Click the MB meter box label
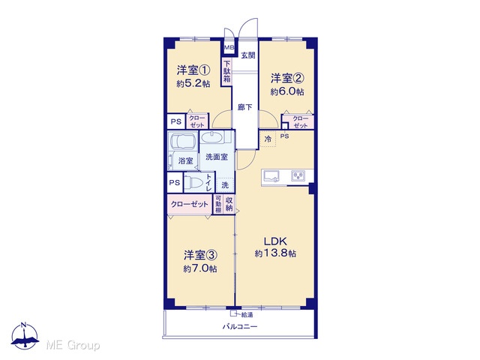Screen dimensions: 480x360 [x=229, y=48]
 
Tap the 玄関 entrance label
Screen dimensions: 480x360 [x=248, y=55]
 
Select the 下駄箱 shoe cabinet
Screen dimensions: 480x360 [x=226, y=72]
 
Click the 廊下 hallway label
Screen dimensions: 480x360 [x=245, y=107]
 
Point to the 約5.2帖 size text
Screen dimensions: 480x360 [x=193, y=83]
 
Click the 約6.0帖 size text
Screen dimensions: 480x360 [x=286, y=91]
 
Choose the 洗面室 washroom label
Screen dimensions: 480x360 [x=217, y=157]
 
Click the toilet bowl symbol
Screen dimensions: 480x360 [x=193, y=183]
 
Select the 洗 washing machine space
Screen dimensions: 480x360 [x=225, y=185]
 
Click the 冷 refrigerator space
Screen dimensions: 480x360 [x=268, y=139]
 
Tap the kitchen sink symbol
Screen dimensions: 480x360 [x=271, y=176]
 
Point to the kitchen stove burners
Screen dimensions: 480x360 [x=298, y=175]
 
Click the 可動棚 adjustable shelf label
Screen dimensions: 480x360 [x=218, y=204]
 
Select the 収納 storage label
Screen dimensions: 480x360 [x=229, y=204]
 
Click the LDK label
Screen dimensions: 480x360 [x=275, y=241]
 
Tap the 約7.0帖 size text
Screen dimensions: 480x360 [x=200, y=268]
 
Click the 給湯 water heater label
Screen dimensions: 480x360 [x=247, y=315]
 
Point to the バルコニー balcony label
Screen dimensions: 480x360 [x=240, y=326]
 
